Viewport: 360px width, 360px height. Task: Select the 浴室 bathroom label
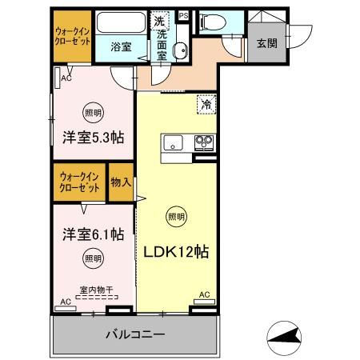(x=122, y=47)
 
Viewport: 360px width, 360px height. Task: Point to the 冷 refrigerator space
(x=206, y=104)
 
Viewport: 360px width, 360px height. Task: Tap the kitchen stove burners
(x=202, y=144)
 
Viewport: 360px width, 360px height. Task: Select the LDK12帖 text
(x=176, y=251)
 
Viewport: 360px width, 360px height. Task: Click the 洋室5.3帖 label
(x=93, y=136)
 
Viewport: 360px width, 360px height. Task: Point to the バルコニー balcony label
(x=135, y=334)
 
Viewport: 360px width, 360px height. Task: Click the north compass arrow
(x=286, y=338)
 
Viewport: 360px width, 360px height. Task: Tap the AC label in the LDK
(x=204, y=295)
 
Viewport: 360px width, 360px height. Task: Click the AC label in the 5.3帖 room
(x=66, y=78)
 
